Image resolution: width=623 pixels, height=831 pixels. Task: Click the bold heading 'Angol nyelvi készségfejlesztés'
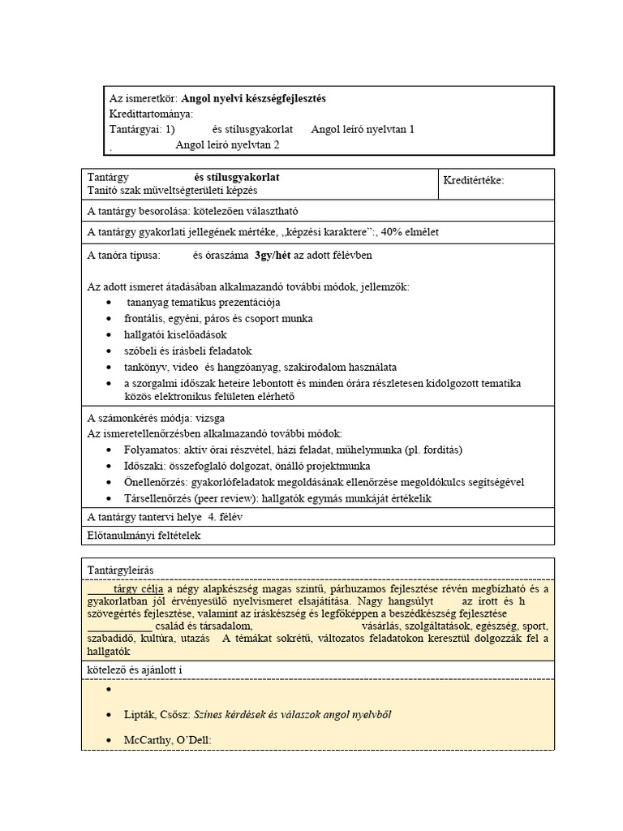[x=253, y=98]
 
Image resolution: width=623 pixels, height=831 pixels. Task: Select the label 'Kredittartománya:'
[x=151, y=114]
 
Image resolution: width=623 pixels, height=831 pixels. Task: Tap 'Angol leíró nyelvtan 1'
[x=362, y=129]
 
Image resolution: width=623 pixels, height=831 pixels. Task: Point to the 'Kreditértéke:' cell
[x=474, y=180]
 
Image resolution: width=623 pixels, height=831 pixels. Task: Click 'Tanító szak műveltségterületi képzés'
[x=172, y=190]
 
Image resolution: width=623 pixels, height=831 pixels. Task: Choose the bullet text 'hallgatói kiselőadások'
[x=175, y=334]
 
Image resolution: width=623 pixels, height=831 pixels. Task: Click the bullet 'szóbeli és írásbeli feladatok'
[x=188, y=351]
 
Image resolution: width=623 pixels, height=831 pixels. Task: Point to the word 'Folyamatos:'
[x=152, y=450]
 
